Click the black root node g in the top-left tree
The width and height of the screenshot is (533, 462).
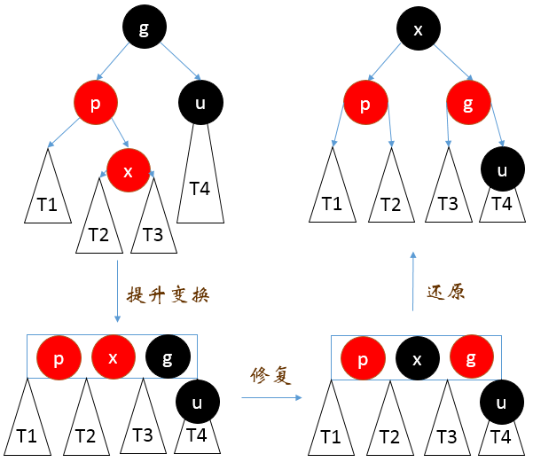tap(144, 30)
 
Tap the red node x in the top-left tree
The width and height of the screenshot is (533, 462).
tap(129, 171)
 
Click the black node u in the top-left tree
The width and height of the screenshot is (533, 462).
tap(200, 103)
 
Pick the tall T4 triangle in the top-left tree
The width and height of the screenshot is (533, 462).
tap(200, 182)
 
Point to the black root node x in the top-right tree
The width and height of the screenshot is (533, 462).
tap(419, 30)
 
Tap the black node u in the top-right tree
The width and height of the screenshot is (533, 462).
tap(503, 170)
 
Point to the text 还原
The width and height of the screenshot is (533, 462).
tap(446, 292)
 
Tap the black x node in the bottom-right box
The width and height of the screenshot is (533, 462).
tap(417, 358)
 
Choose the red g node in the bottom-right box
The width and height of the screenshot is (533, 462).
tap(472, 358)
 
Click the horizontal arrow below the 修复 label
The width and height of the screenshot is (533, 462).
tap(271, 398)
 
